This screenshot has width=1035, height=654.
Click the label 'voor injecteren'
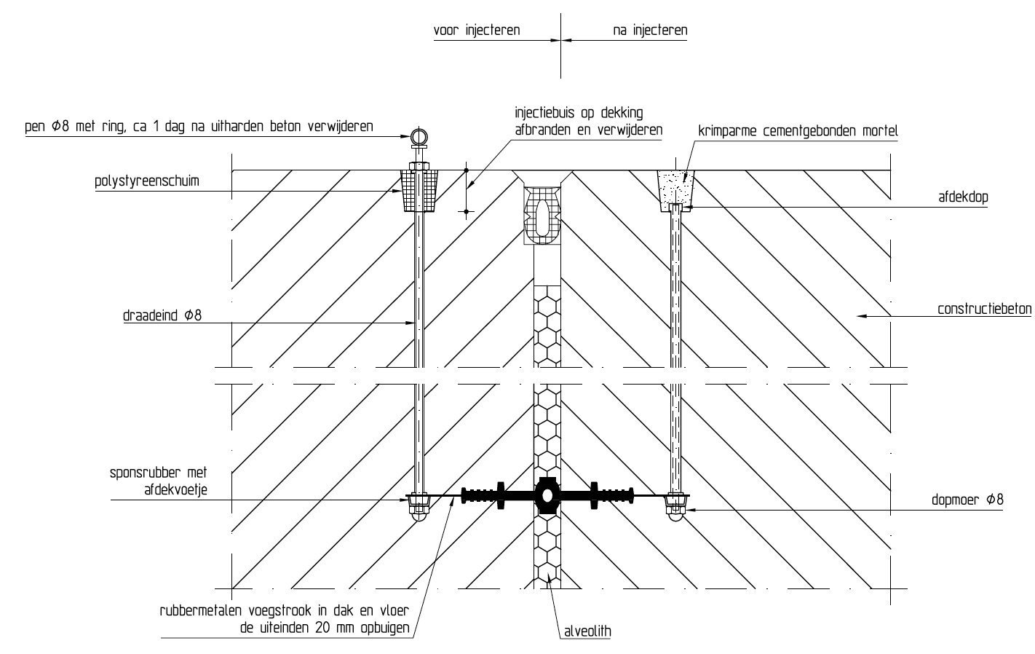(477, 31)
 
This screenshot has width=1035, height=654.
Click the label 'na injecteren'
(650, 31)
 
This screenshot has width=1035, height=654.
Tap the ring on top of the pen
(419, 136)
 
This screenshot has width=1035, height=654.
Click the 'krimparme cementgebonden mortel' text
(798, 131)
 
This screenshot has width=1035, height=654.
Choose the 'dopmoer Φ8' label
(967, 500)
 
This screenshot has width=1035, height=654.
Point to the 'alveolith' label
(585, 631)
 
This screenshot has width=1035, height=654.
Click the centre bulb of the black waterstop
(547, 495)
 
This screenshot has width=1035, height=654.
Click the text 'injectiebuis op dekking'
(579, 113)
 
